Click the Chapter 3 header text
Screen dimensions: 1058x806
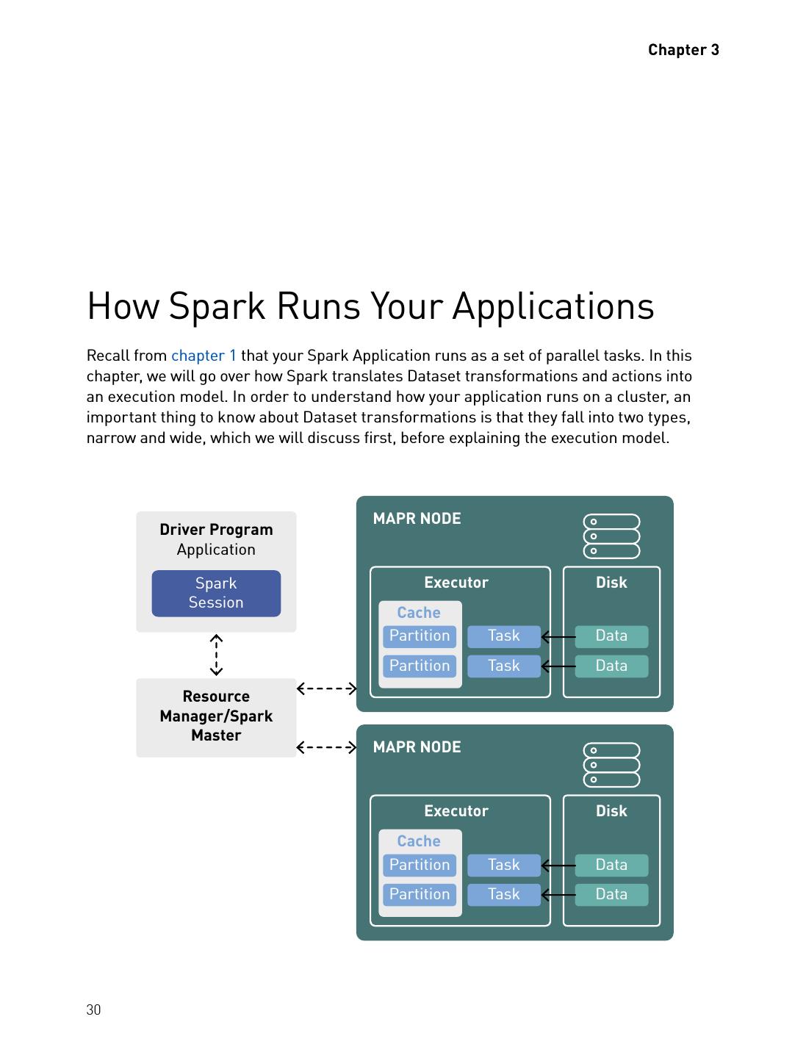[683, 50]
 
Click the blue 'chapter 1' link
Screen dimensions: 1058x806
[204, 356]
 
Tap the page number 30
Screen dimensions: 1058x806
[93, 1010]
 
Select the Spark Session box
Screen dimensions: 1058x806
[216, 593]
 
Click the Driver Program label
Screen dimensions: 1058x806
[216, 530]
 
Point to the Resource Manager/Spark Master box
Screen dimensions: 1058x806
[216, 716]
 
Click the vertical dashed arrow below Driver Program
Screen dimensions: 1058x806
[216, 655]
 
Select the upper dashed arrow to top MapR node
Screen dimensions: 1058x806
[326, 688]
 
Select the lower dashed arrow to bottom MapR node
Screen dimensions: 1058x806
[326, 747]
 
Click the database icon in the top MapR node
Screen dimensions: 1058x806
[611, 536]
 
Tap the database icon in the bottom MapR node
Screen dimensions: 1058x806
[611, 765]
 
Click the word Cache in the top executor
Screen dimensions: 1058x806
[419, 613]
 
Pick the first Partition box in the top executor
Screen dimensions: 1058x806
[420, 636]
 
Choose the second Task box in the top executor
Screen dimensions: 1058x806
[503, 666]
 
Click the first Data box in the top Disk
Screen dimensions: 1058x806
[611, 636]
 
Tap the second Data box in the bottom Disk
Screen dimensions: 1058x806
[611, 894]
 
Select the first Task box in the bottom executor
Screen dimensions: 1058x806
[503, 865]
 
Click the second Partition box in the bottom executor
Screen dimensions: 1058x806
[420, 894]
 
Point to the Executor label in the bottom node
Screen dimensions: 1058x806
[456, 811]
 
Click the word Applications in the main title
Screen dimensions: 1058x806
[553, 306]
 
